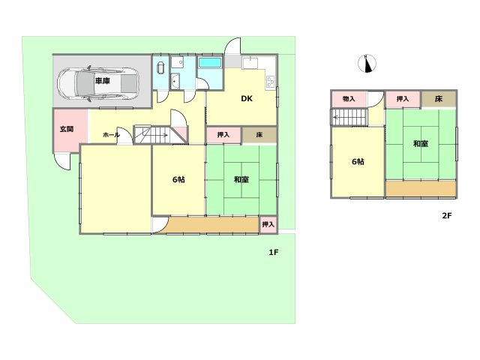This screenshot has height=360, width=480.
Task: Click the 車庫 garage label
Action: pyautogui.click(x=103, y=81)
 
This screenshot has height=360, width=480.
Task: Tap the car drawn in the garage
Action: pyautogui.click(x=97, y=83)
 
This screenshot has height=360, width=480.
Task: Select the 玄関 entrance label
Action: pyautogui.click(x=67, y=129)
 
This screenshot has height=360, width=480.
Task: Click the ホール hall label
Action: pyautogui.click(x=111, y=135)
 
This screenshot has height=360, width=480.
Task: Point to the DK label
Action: pyautogui.click(x=247, y=98)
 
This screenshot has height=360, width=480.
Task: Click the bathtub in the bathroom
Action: pyautogui.click(x=210, y=63)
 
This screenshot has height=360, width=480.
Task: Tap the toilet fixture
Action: pyautogui.click(x=160, y=67)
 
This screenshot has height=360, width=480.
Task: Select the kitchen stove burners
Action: pyautogui.click(x=271, y=82)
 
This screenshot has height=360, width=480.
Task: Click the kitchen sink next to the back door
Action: pyautogui.click(x=250, y=63)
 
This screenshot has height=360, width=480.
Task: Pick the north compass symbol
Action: pyautogui.click(x=367, y=64)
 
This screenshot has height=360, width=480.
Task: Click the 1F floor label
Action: pyautogui.click(x=273, y=252)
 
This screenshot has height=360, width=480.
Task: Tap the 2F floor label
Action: pyautogui.click(x=447, y=215)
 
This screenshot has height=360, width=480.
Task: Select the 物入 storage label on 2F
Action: pyautogui.click(x=349, y=99)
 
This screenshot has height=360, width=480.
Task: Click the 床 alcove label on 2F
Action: pyautogui.click(x=439, y=99)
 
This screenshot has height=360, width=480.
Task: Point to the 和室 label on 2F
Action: pyautogui.click(x=421, y=143)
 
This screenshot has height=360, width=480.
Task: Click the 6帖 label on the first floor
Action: pyautogui.click(x=178, y=179)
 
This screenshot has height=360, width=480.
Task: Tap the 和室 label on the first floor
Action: pyautogui.click(x=241, y=179)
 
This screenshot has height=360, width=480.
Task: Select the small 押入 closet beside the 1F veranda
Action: pyautogui.click(x=268, y=224)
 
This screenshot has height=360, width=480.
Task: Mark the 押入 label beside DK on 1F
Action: pyautogui.click(x=223, y=135)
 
